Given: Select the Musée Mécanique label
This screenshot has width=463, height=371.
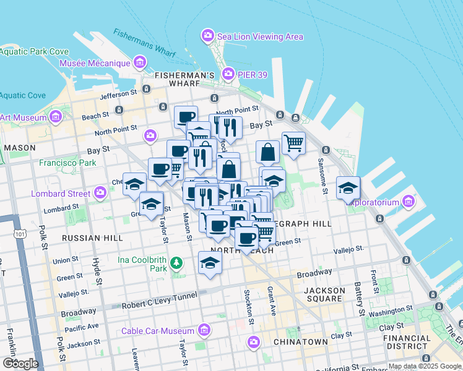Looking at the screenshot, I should pyautogui.click(x=95, y=63).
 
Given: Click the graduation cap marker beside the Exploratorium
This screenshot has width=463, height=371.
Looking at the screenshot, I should pyautogui.click(x=348, y=187).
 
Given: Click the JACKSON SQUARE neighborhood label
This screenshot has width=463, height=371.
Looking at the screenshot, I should pyautogui.click(x=324, y=295).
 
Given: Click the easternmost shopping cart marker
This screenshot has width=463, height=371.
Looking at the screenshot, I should pyautogui.click(x=293, y=143).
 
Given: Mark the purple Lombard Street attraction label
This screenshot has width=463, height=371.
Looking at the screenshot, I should pyautogui.click(x=61, y=194).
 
